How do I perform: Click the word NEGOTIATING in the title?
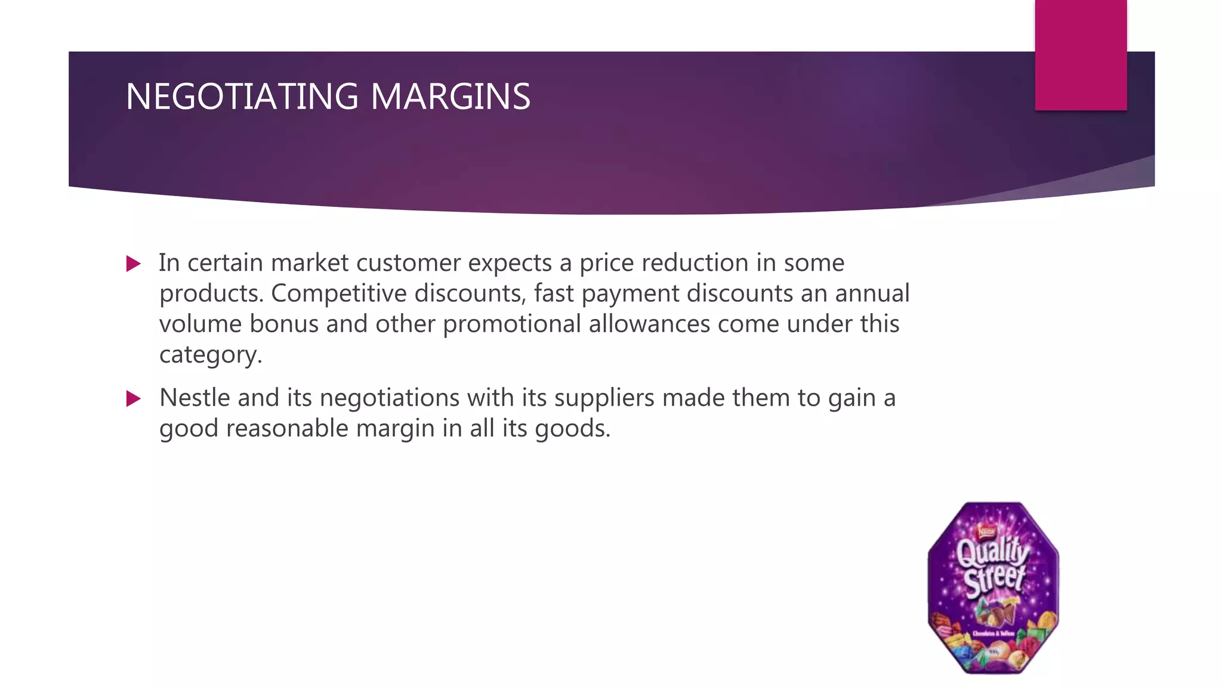coord(242,97)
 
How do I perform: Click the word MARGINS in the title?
coord(450,97)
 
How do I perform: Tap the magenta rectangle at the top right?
coord(1080,55)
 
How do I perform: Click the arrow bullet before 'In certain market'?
coord(134,264)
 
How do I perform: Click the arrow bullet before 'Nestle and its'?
coord(134,398)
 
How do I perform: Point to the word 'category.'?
coord(211,355)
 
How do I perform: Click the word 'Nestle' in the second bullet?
coord(195,398)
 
